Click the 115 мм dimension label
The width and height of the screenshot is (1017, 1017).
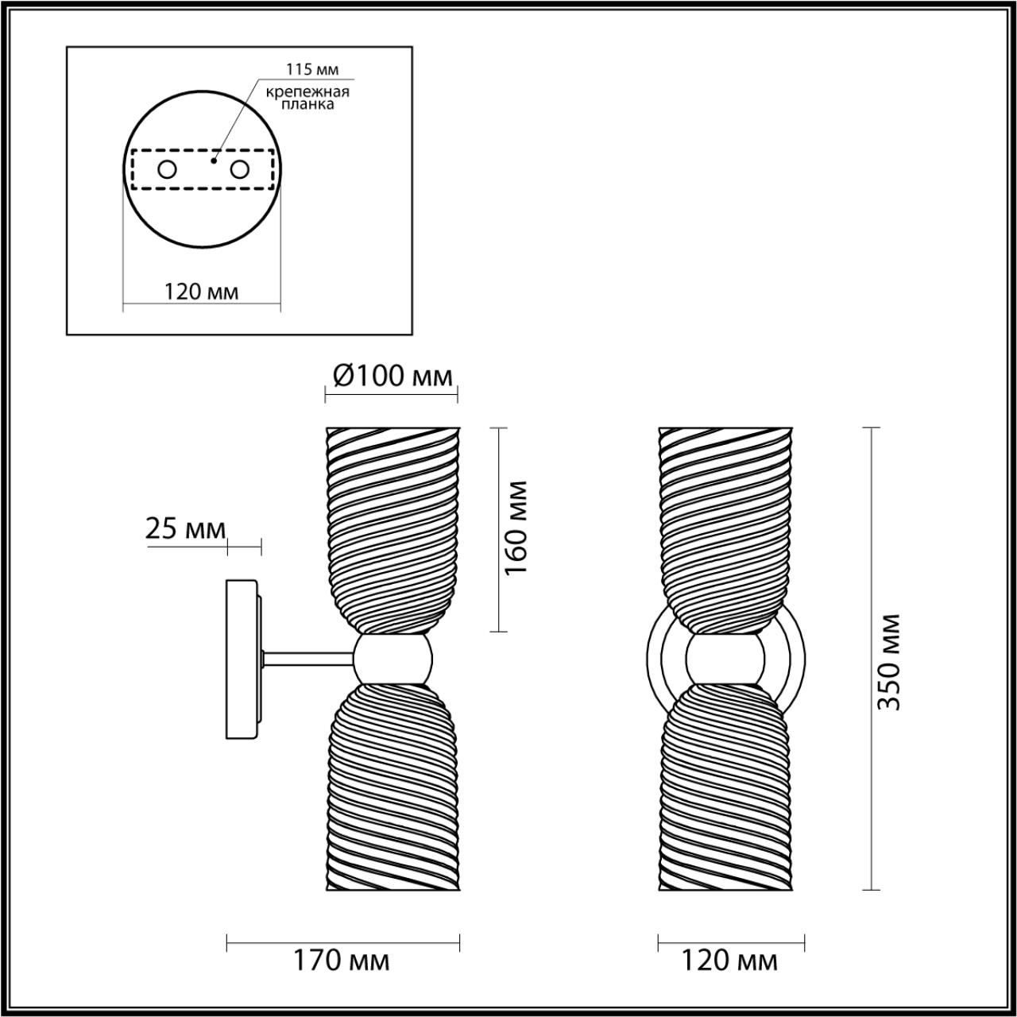tap(312, 69)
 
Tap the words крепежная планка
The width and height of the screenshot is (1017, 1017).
tap(307, 99)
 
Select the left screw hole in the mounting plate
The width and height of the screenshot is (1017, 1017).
tap(168, 170)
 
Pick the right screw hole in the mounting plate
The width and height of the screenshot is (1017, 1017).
tap(239, 170)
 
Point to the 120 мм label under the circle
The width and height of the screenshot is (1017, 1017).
tap(202, 292)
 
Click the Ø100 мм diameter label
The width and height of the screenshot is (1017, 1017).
tap(393, 377)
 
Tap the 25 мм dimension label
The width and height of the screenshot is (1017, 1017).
tap(185, 530)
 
